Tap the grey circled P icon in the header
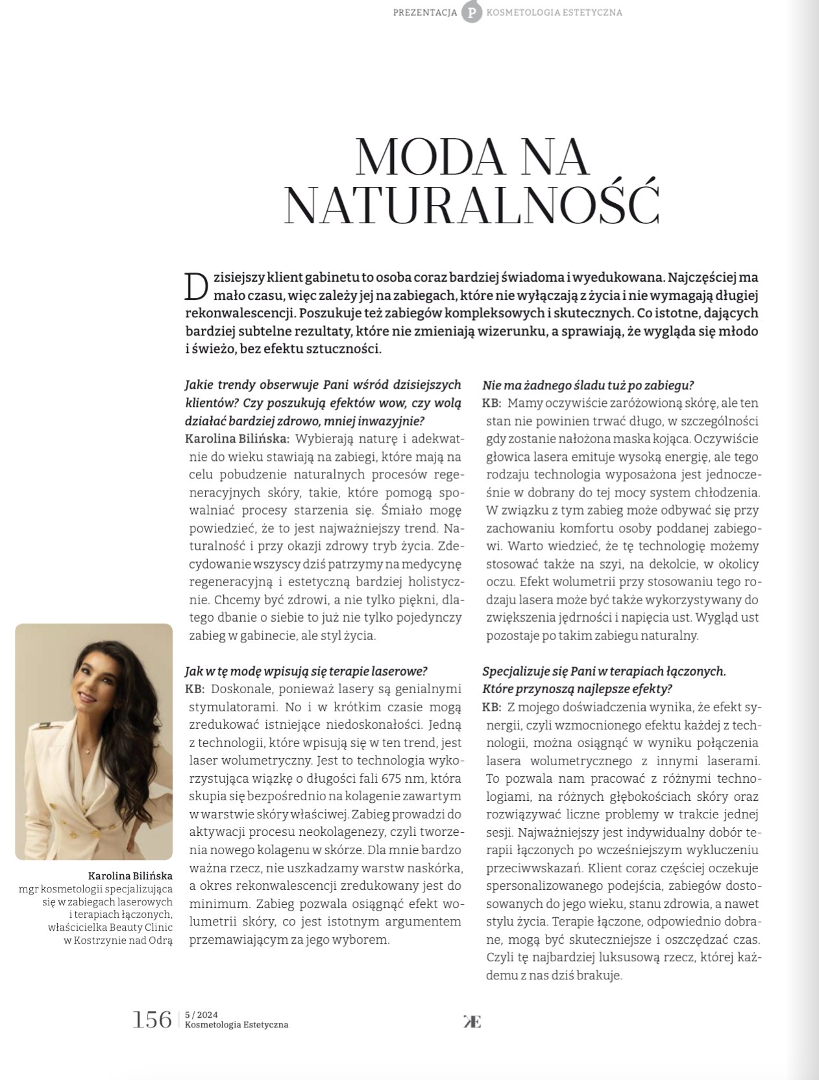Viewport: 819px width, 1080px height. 472,12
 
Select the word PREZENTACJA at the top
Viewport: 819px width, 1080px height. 425,12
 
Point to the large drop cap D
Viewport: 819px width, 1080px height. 198,286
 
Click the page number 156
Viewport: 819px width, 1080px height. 152,1019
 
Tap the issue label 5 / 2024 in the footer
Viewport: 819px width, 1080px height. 201,1014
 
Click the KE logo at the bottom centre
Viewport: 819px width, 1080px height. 472,1021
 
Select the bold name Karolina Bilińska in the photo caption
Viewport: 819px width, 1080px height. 130,876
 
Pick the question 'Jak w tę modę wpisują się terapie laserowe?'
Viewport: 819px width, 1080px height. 306,670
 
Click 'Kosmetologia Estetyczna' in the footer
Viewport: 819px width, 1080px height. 236,1025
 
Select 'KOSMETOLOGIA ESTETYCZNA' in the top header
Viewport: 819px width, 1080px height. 554,12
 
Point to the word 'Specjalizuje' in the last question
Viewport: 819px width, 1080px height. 516,671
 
